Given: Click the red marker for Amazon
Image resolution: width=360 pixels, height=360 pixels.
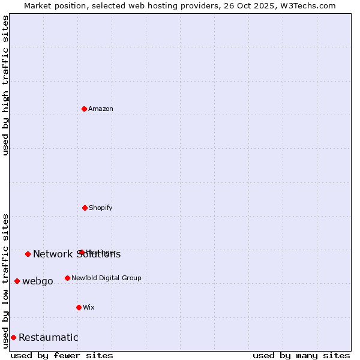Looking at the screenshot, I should (x=85, y=109).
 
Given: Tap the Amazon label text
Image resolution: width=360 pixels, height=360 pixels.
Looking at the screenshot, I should (x=101, y=109).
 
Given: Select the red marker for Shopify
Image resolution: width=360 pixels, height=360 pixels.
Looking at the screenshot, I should (x=85, y=208).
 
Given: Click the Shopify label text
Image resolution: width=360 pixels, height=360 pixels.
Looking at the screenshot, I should (x=101, y=208).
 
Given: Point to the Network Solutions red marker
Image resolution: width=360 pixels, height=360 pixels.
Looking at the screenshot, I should (x=28, y=254).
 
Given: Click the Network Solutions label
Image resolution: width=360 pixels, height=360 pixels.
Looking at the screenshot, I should (x=77, y=254).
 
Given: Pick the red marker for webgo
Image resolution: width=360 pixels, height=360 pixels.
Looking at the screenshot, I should (x=17, y=281).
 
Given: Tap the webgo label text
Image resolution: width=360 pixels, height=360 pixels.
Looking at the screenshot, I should (x=38, y=281).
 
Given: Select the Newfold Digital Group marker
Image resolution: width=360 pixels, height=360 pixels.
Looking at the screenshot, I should (x=67, y=278).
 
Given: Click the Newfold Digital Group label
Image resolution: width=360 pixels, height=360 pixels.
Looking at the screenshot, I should (x=106, y=278).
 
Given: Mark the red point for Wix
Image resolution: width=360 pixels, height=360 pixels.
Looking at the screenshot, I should (x=79, y=307).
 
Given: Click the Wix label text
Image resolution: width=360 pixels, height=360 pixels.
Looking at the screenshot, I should (x=89, y=308).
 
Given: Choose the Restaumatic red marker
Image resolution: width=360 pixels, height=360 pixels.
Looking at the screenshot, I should (x=13, y=337).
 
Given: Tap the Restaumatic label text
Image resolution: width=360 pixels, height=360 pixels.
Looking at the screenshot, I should (x=49, y=338).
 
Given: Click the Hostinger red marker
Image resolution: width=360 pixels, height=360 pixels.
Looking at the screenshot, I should (x=81, y=252).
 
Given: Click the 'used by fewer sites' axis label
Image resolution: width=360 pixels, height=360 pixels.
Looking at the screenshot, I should (x=62, y=355).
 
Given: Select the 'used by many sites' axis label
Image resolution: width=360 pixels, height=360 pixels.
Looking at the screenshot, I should (x=301, y=355).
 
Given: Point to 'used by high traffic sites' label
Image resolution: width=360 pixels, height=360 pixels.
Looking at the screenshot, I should (x=5, y=86).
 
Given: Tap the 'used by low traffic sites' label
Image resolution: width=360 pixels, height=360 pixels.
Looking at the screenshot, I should (x=5, y=280).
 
